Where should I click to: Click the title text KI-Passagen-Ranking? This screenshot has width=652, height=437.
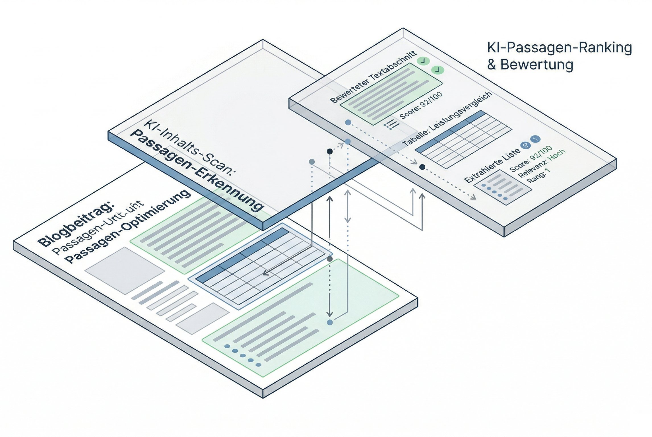(x=559, y=48)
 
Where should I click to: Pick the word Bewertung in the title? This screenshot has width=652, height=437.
(x=537, y=65)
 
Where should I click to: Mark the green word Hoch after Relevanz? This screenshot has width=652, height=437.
(x=557, y=156)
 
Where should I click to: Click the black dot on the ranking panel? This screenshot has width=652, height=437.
(x=422, y=167)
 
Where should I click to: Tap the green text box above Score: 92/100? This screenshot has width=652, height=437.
(x=391, y=94)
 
